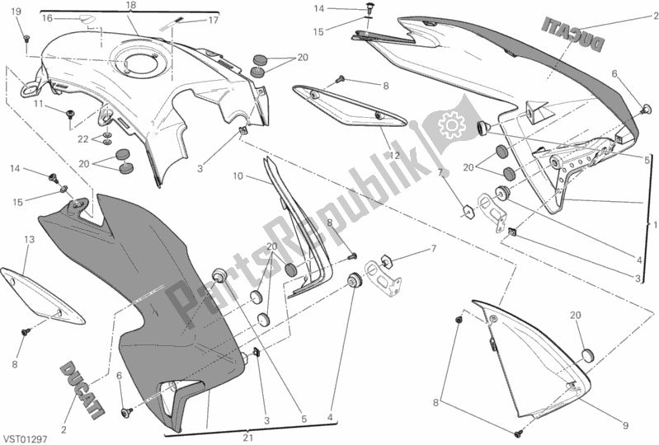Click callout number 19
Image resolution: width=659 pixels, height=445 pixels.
click(16, 12)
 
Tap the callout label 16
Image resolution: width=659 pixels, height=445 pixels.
click(47, 17)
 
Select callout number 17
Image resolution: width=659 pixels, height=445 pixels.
click(213, 20)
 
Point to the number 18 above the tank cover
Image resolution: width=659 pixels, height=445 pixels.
click(130, 6)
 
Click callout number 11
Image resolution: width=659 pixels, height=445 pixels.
click(39, 103)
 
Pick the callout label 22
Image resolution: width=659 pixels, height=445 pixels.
click(82, 139)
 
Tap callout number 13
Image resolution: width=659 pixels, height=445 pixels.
click(29, 240)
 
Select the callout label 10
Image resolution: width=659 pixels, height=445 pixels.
click(238, 176)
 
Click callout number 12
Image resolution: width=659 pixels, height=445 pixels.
click(394, 155)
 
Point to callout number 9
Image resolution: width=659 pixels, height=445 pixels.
click(625, 426)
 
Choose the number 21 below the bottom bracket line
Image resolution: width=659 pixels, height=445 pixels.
click(248, 438)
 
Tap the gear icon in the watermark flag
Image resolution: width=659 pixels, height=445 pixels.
click(449, 124)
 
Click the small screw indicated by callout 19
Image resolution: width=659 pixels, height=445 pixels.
click(26, 38)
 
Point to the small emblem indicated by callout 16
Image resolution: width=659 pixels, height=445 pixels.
click(87, 20)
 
